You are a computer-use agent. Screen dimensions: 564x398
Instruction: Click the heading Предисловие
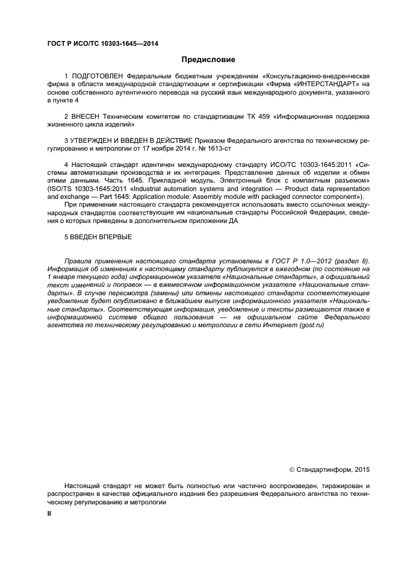208,60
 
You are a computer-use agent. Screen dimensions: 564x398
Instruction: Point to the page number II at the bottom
49,513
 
